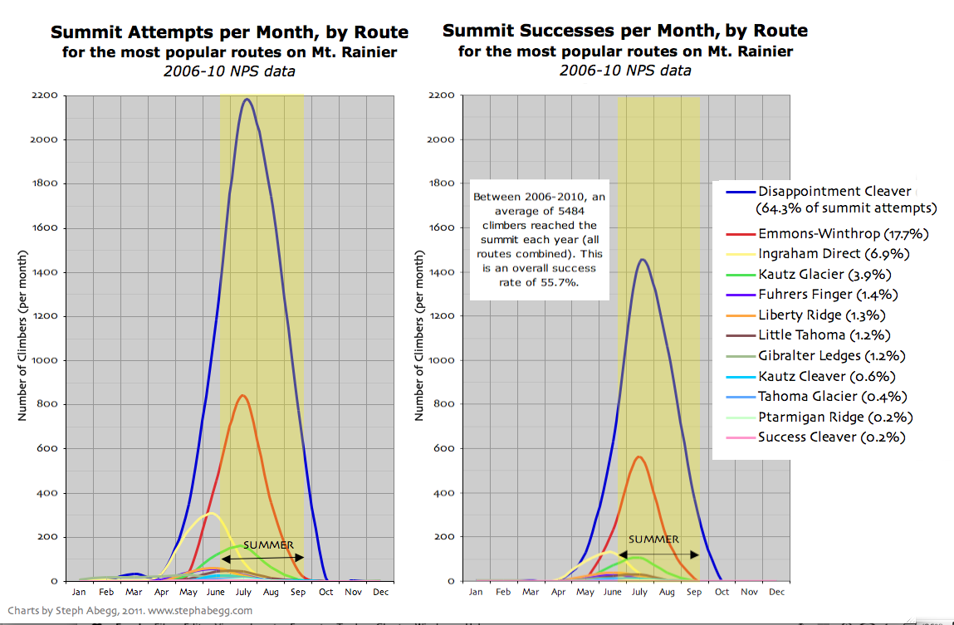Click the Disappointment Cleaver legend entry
pyautogui.click(x=834, y=192)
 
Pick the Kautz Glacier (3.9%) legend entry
pyautogui.click(x=813, y=274)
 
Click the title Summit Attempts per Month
pyautogui.click(x=229, y=32)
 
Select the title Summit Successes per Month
pyautogui.click(x=624, y=32)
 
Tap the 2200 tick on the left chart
pyautogui.click(x=44, y=95)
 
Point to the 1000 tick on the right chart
pyautogui.click(x=439, y=360)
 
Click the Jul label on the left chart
pyautogui.click(x=243, y=592)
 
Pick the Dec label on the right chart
pyautogui.click(x=776, y=592)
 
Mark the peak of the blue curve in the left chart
pyautogui.click(x=247, y=100)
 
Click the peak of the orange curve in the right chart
pyautogui.click(x=638, y=457)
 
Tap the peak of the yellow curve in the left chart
pyautogui.click(x=211, y=513)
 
